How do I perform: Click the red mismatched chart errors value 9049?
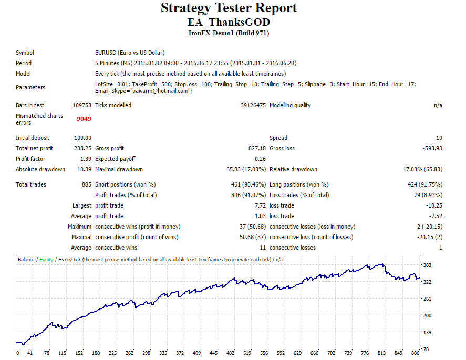coord(84,119)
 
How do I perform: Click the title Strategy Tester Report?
coord(229,8)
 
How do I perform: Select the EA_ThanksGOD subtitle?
coord(229,22)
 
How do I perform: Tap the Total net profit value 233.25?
coord(82,148)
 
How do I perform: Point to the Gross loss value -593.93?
coord(432,148)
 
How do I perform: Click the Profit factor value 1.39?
coord(86,159)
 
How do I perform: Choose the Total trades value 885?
coord(87,184)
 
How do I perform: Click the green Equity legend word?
coord(46,260)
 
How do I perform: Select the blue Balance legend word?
coord(26,260)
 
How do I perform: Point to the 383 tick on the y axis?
coord(427,265)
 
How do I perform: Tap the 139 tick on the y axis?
coord(427,332)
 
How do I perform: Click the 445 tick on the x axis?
coord(213,353)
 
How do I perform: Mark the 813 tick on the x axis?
coord(381,353)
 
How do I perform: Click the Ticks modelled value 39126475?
coord(253,105)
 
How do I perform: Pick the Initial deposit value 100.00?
coord(82,138)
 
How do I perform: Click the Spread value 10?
coord(439,138)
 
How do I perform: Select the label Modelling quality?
coord(290,105)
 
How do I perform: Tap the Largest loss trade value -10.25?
coord(434,205)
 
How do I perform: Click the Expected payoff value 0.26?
coord(261,159)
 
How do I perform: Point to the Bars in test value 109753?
coord(82,105)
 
